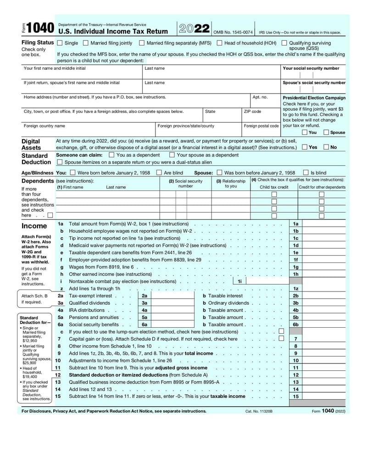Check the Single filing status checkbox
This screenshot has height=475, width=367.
60,43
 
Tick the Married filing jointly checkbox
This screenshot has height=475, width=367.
86,43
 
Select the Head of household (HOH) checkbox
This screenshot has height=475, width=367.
220,43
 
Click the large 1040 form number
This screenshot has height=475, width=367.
40,28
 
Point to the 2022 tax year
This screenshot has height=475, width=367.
194,28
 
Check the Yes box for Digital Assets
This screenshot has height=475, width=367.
305,147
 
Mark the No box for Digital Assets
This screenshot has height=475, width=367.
326,147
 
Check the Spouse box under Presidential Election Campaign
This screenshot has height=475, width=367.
326,133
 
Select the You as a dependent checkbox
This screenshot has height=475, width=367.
111,155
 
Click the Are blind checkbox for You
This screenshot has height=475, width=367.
159,173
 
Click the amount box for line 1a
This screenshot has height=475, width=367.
324,224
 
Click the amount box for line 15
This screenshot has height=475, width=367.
324,397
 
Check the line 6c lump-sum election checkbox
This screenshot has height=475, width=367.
281,331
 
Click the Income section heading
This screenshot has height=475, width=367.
34,226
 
